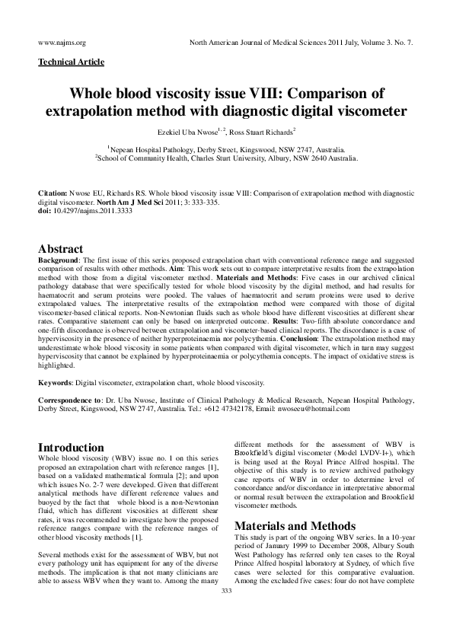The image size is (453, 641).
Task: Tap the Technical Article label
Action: (x=71, y=62)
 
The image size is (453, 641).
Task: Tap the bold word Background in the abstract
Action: (x=60, y=260)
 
